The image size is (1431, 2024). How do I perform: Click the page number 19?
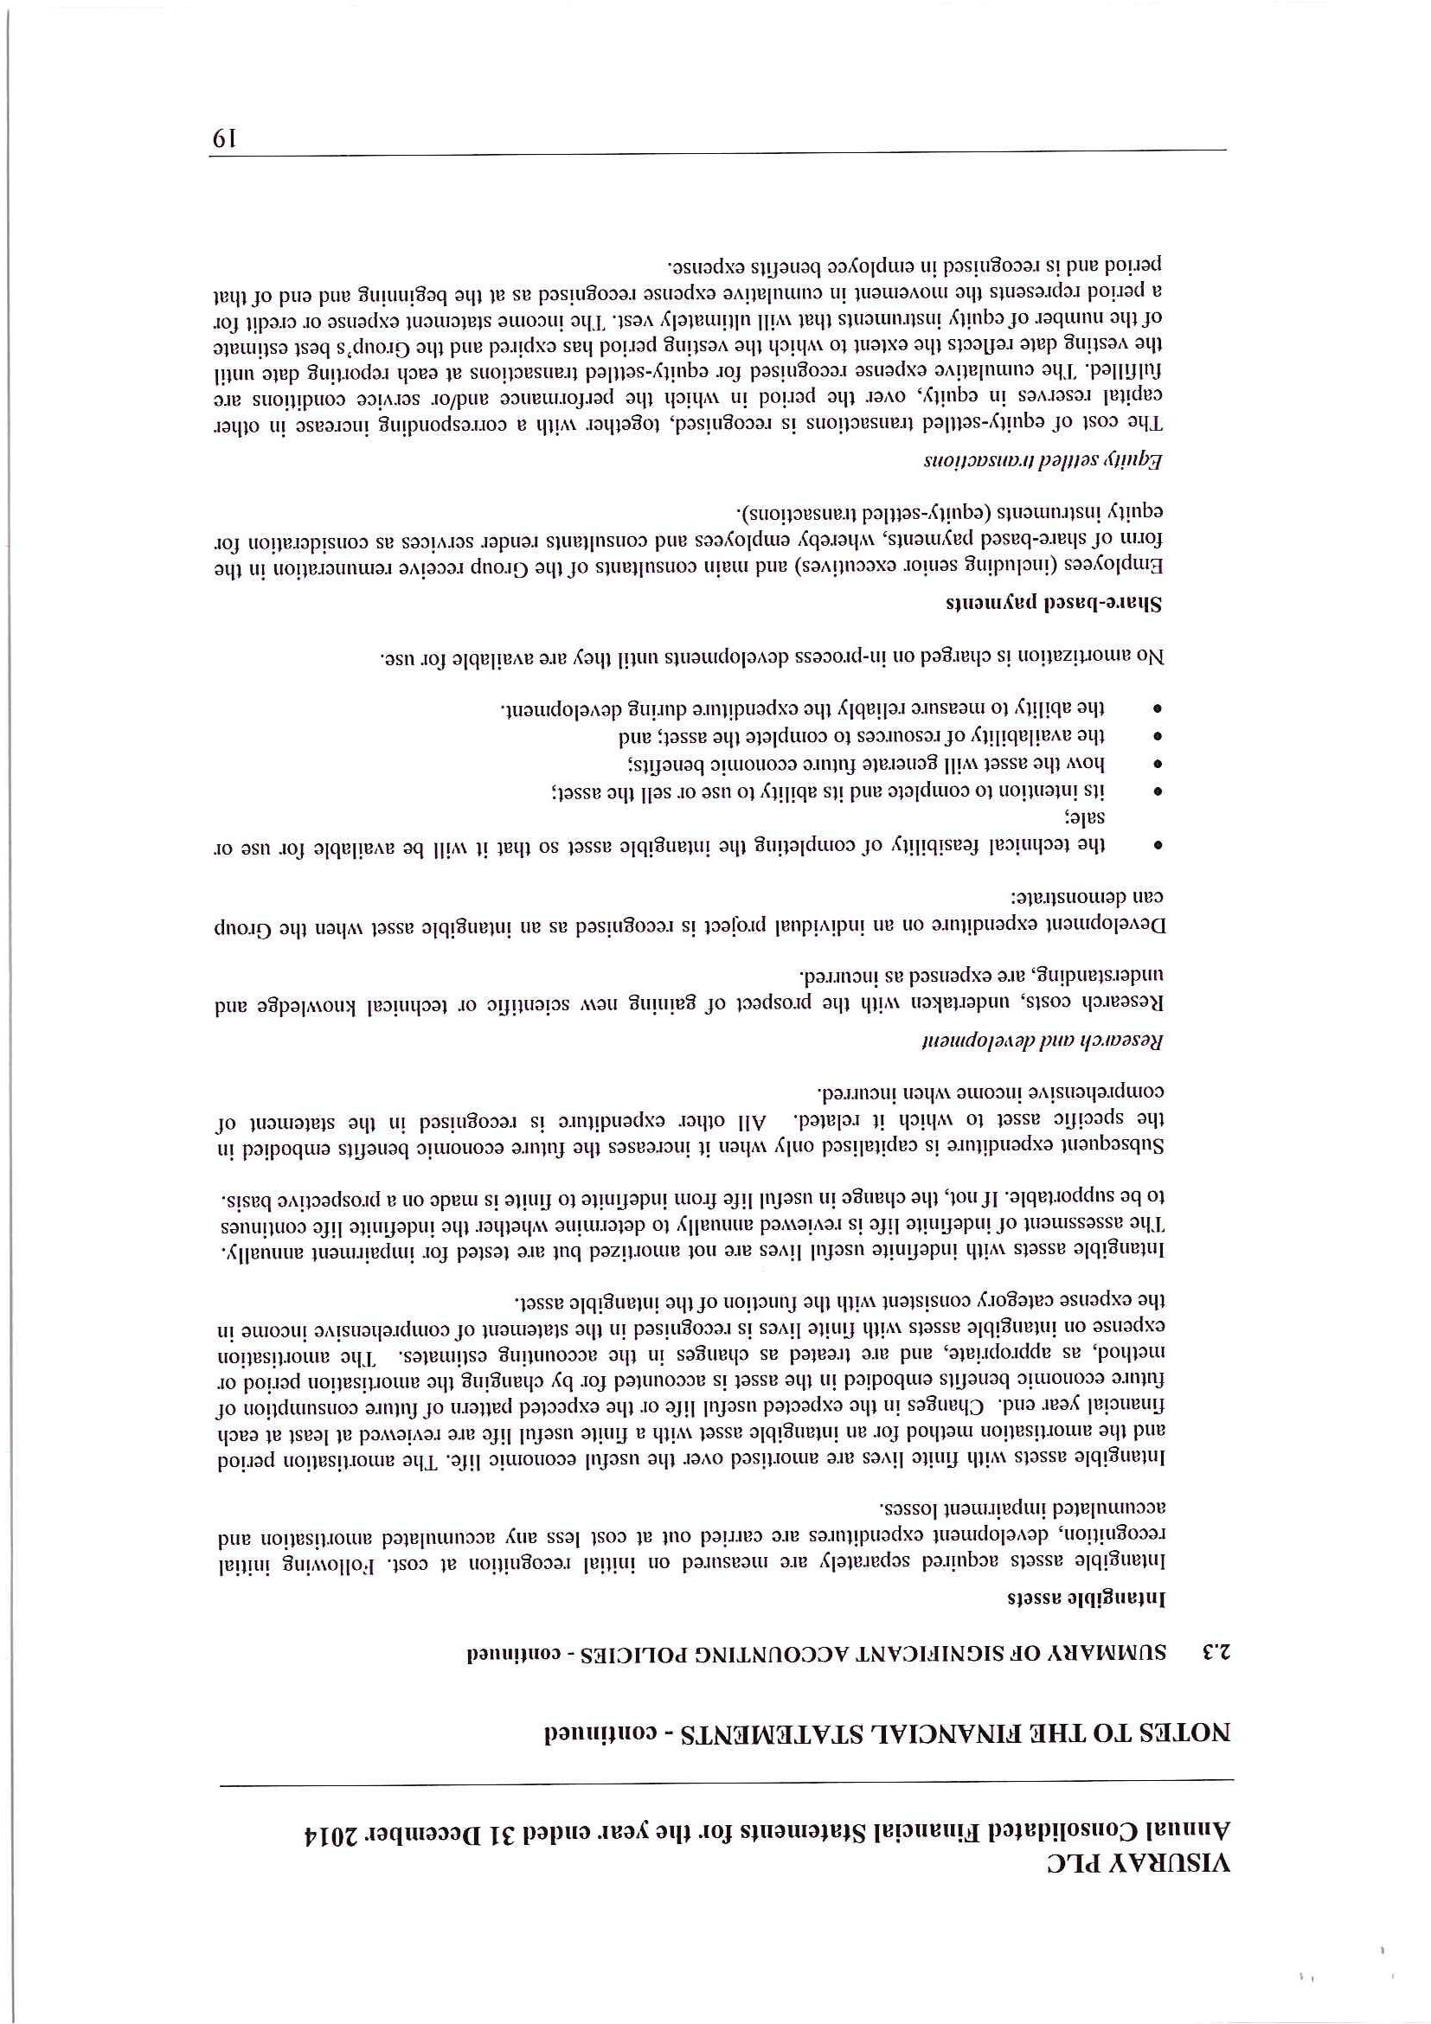(x=222, y=138)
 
